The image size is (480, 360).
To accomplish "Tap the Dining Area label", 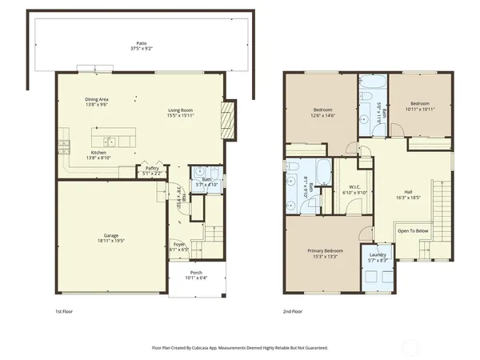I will point(97,99).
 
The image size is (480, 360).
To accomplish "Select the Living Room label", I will point(180,110).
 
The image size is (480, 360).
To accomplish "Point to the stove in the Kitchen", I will point(63,146).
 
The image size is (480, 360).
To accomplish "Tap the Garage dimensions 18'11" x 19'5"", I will point(110,240).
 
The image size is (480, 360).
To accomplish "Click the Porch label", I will point(196,274).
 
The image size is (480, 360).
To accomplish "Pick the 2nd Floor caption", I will point(293,310).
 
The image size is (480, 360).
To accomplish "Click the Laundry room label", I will point(378,255).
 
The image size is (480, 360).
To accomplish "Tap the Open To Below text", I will point(414,230).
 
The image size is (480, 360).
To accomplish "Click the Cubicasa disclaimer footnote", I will point(240,348).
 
